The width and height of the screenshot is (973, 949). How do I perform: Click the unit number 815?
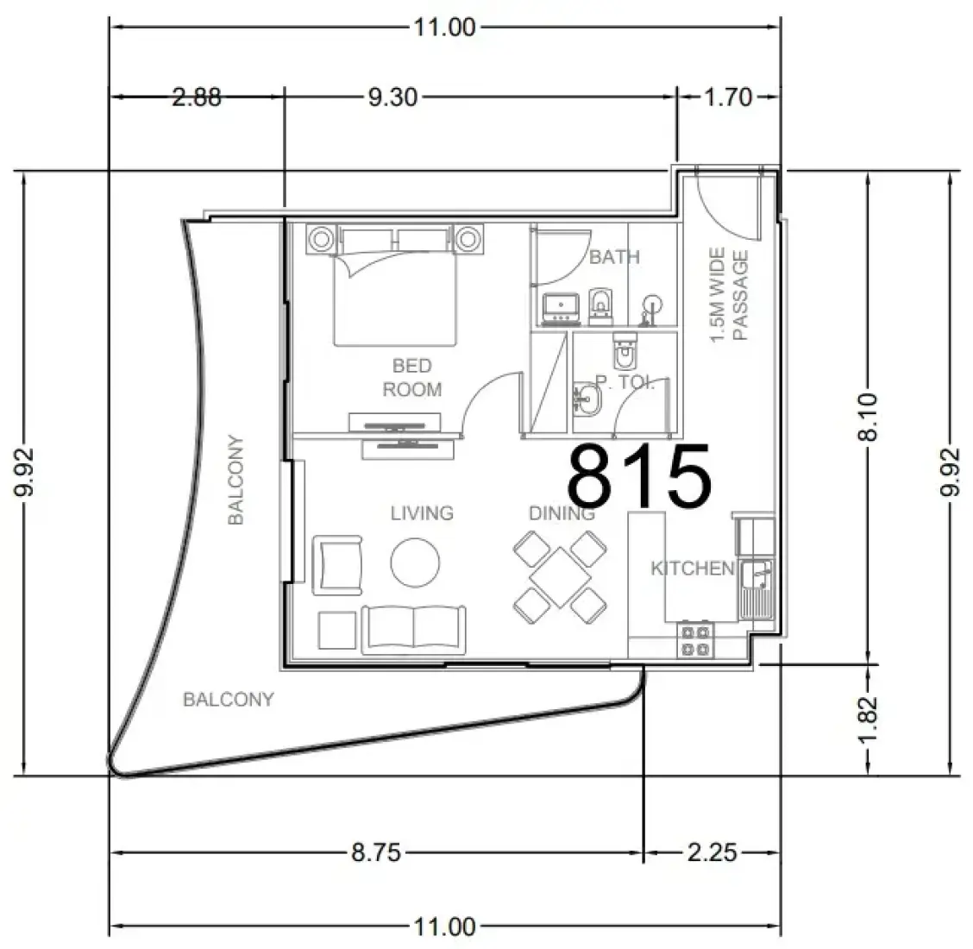tap(639, 474)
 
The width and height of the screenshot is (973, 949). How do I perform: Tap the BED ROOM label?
tap(412, 377)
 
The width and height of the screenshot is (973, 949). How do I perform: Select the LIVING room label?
tap(422, 513)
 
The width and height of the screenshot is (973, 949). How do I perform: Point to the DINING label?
tap(562, 513)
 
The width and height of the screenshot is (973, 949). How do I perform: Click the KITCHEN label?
tap(693, 568)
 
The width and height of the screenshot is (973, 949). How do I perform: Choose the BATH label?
tap(613, 257)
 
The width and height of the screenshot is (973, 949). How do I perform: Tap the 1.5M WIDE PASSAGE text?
tap(729, 295)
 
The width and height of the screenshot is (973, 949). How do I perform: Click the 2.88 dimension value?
tap(196, 97)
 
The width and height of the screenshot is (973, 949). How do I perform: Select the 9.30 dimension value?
tap(392, 97)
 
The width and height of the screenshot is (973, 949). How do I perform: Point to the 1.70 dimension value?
tap(728, 97)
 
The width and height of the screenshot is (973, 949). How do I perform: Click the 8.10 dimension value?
tap(868, 417)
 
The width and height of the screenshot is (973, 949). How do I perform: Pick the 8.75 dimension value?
tap(376, 852)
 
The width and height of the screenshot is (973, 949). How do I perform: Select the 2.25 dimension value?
tap(712, 852)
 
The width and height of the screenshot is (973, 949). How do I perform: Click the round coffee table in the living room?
tap(415, 562)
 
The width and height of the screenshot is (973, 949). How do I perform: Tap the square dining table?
tap(561, 577)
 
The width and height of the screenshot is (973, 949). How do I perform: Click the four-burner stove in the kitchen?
tap(695, 640)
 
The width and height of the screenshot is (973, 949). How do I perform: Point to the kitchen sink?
tap(756, 588)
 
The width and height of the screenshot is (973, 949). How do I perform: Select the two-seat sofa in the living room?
tap(413, 629)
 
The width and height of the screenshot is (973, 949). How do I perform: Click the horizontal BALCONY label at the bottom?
tap(229, 701)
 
